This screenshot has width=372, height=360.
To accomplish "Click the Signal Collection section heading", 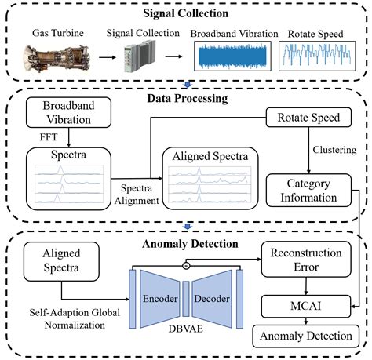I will [185, 13].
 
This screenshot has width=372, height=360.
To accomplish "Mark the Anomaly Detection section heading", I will [185, 243].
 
